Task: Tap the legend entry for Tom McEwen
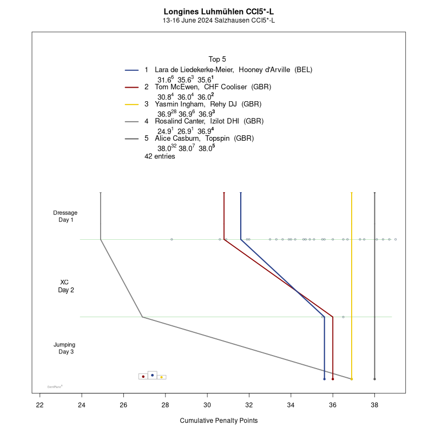pyautogui.click(x=178, y=87)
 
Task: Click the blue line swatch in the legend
pyautogui.click(x=132, y=70)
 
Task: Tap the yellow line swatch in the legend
pyautogui.click(x=132, y=104)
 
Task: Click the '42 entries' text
pyautogui.click(x=160, y=156)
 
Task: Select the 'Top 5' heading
pyautogui.click(x=217, y=59)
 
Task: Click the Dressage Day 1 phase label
pyautogui.click(x=65, y=216)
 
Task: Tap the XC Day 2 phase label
pyautogui.click(x=65, y=286)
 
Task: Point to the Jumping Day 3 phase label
pyautogui.click(x=65, y=348)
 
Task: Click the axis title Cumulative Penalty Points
pyautogui.click(x=219, y=421)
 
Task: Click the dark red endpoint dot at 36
pyautogui.click(x=333, y=379)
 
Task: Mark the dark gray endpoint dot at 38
pyautogui.click(x=374, y=379)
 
